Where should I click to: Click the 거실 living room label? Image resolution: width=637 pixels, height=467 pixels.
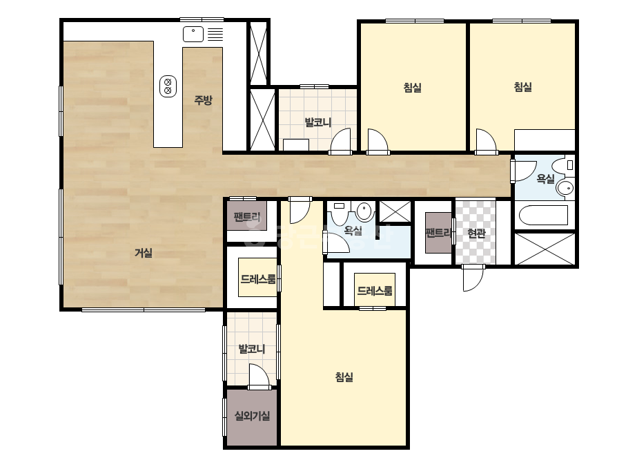[x=144, y=253]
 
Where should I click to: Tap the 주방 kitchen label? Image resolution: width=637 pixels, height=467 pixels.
[x=203, y=100]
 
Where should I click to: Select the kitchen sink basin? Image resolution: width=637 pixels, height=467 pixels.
[x=193, y=34]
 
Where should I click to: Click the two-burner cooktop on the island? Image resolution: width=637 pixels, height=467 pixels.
[x=168, y=86]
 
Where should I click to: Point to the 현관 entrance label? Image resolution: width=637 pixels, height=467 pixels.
[x=476, y=233]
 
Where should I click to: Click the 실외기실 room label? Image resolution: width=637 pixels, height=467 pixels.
[x=253, y=416]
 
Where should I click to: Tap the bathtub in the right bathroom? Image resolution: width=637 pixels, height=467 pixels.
[x=543, y=216]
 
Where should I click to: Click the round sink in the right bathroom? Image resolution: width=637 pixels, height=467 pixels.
[x=565, y=188]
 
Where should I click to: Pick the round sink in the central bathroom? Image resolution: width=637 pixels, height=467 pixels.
[x=364, y=211]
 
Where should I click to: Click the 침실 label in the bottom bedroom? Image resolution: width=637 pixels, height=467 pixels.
[x=344, y=377]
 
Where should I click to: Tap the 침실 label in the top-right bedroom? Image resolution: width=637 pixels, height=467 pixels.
[x=523, y=87]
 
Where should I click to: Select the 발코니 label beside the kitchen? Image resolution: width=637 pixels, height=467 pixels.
[x=318, y=122]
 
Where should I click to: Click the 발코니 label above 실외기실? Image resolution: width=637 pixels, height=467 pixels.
[x=252, y=349]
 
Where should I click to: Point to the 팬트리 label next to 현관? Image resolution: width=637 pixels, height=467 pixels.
[x=438, y=233]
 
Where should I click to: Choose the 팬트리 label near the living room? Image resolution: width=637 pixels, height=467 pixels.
[x=247, y=217]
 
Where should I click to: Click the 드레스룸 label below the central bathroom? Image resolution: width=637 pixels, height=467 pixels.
[x=375, y=291]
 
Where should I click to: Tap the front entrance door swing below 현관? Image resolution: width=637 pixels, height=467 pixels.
[x=473, y=278]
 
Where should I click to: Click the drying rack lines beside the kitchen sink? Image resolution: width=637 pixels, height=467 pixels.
[x=215, y=34]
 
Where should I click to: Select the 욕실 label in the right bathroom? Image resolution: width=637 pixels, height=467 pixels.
[x=546, y=179]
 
